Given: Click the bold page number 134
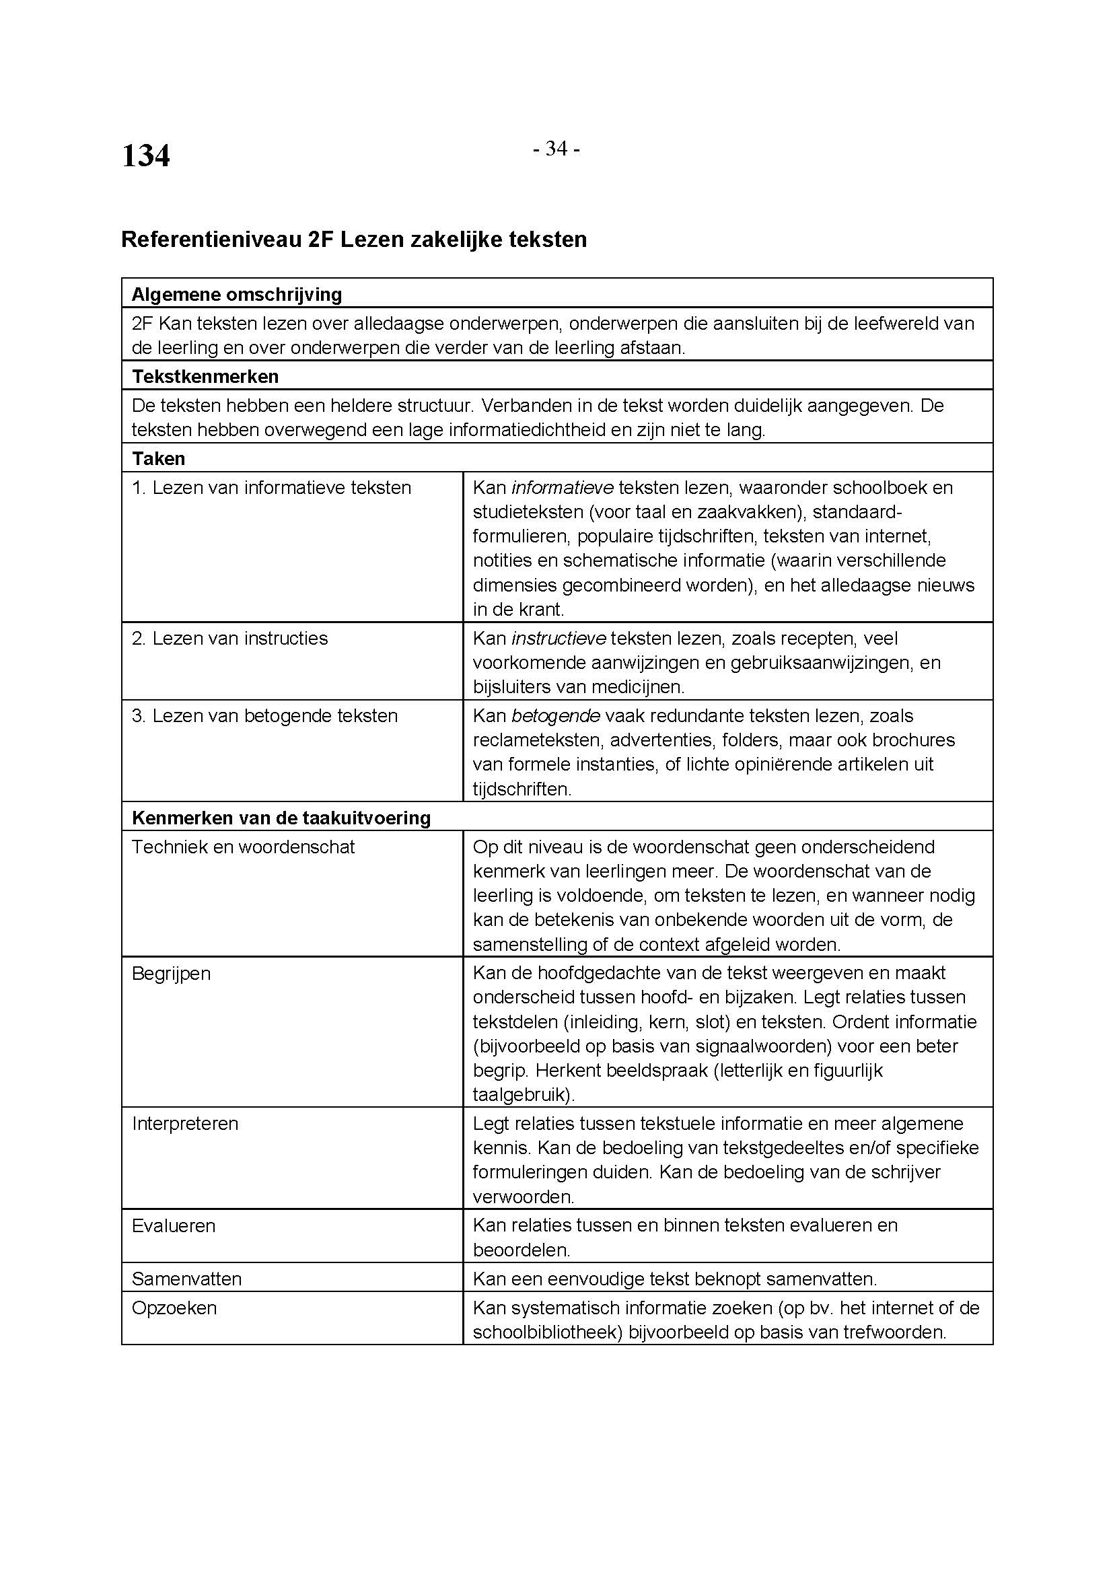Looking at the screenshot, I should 145,155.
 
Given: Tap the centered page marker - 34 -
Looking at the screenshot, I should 556,149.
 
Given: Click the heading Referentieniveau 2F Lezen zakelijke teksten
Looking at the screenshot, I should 354,240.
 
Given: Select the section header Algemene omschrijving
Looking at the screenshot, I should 236,295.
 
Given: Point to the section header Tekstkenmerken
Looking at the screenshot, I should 205,376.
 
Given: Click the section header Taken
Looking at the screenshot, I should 158,459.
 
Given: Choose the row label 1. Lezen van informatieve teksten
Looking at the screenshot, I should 271,488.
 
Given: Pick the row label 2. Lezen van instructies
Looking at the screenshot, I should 229,638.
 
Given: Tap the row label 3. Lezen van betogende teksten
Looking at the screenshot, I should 264,716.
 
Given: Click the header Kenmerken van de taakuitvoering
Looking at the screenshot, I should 281,818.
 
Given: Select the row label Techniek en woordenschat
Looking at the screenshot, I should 244,847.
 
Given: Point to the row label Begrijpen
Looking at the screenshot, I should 172,974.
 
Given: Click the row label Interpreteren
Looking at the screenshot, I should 185,1124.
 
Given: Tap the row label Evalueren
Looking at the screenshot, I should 174,1225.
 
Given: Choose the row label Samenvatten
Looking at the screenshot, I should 186,1279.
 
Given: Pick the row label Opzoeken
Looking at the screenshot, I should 174,1308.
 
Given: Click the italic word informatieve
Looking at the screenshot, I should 562,488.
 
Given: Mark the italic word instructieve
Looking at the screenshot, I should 559,638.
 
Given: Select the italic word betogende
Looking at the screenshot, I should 556,716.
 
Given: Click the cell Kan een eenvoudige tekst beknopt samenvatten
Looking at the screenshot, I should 674,1279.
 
